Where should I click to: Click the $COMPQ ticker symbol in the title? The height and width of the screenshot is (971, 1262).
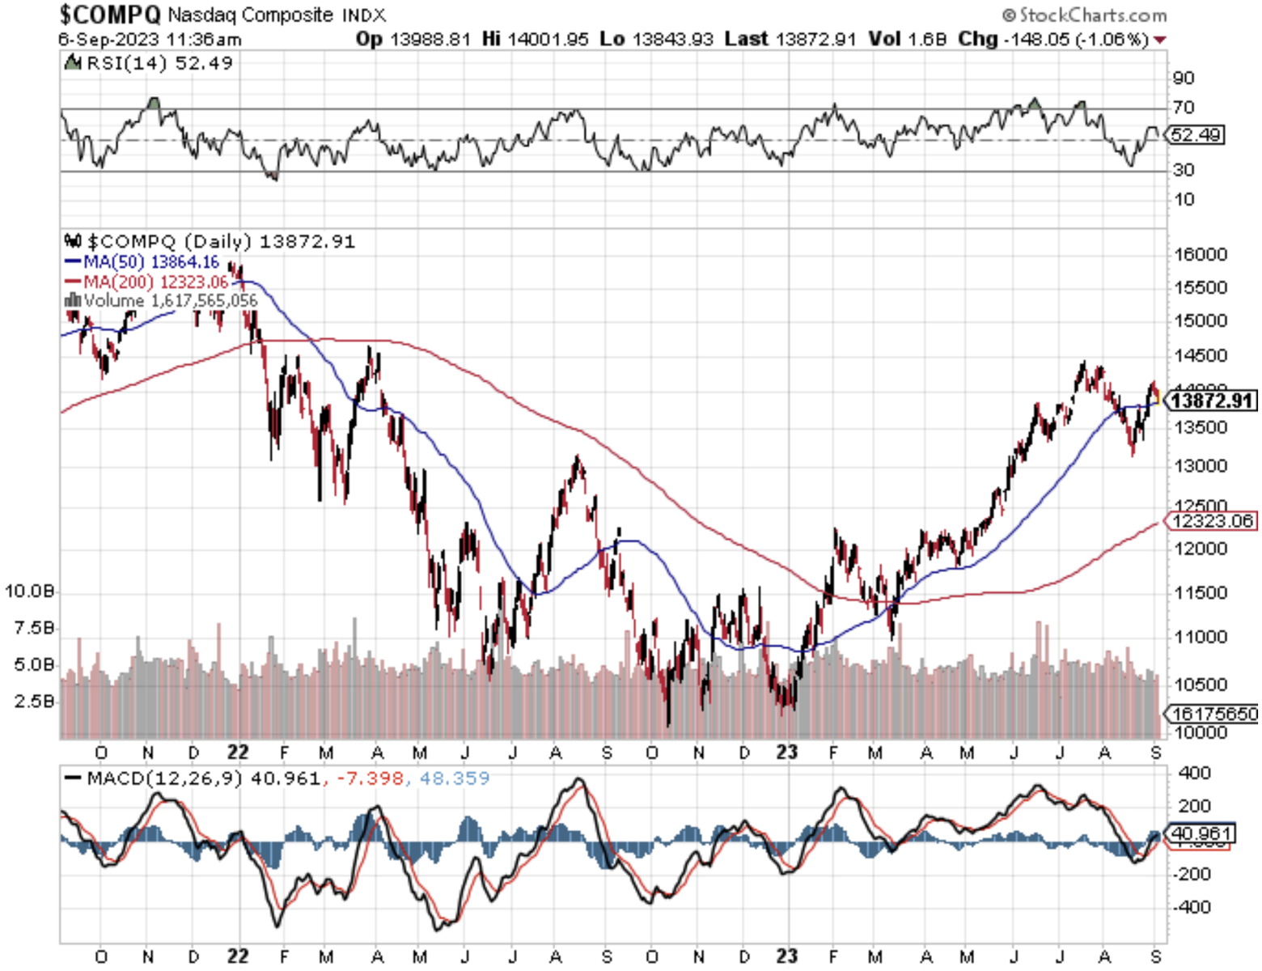point(111,14)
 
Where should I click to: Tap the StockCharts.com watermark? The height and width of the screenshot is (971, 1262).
point(1085,15)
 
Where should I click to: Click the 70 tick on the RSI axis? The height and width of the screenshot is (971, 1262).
point(1184,107)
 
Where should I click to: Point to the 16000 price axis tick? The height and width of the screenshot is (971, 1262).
point(1200,254)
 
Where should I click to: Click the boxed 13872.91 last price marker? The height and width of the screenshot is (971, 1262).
point(1211,400)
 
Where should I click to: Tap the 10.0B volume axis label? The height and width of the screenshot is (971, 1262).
point(30,591)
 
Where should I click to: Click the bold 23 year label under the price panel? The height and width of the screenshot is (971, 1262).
point(787,752)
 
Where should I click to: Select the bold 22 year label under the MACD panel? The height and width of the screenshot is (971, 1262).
point(237,956)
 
